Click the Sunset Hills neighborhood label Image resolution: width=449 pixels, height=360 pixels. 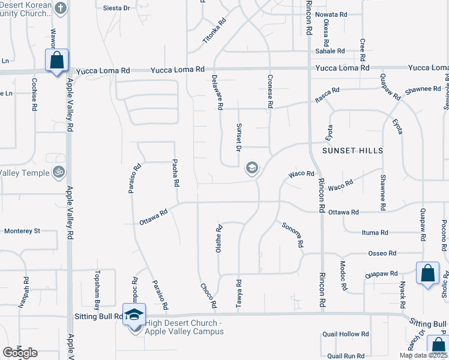click(x=353, y=150)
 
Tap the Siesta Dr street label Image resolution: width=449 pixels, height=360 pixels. click(x=116, y=8)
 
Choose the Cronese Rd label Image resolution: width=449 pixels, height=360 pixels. click(x=270, y=92)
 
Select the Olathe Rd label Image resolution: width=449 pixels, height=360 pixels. click(x=219, y=238)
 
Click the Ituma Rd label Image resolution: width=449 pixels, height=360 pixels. click(x=375, y=232)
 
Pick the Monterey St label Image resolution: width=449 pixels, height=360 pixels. click(x=22, y=230)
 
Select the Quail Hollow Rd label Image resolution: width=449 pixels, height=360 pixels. click(x=345, y=334)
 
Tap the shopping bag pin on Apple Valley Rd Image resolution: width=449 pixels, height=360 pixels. click(x=56, y=61)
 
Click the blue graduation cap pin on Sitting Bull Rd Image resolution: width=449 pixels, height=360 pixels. click(x=134, y=314)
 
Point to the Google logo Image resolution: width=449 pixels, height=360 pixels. click(x=20, y=352)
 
